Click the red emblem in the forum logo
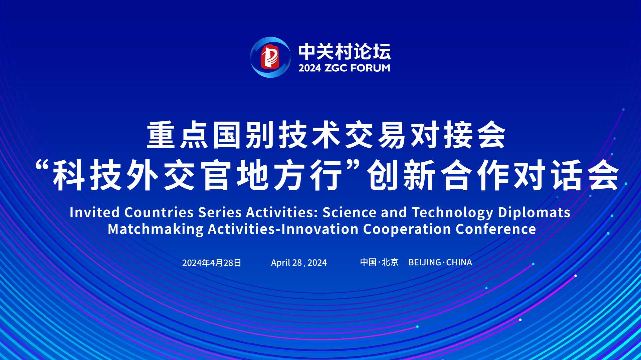pos(270,57)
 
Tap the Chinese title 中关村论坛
pos(345,52)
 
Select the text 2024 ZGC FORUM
pos(344,68)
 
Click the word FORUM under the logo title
pos(371,68)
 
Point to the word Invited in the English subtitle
pos(94,212)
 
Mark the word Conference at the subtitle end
pos(496,229)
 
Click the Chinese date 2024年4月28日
pos(212,263)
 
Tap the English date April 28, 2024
pos(299,263)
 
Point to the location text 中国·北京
pos(379,262)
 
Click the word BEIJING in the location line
pos(425,262)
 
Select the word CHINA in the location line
pos(459,262)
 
